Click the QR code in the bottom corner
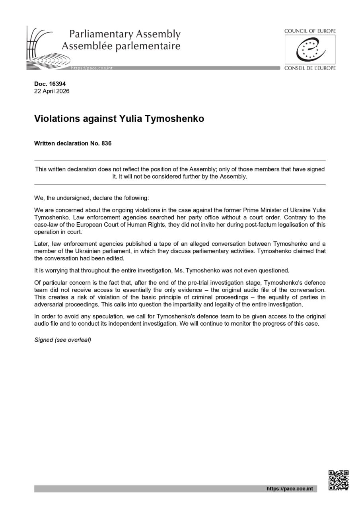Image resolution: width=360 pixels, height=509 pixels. [339, 480]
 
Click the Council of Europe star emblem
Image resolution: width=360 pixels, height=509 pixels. [310, 49]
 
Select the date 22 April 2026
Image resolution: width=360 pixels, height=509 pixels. [52, 91]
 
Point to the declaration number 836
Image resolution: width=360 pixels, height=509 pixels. [106, 143]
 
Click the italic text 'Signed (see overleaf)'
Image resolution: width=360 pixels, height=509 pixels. [63, 340]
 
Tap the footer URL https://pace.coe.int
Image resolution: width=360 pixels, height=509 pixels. [290, 489]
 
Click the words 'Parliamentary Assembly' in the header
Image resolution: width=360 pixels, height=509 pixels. [125, 34]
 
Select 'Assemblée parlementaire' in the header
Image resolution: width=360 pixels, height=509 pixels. [121, 46]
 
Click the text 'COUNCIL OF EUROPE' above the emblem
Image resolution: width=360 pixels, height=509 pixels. [310, 31]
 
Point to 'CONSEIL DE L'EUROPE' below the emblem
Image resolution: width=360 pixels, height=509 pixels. [310, 68]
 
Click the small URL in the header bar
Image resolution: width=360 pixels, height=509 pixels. [91, 68]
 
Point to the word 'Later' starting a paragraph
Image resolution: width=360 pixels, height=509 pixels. [41, 244]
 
